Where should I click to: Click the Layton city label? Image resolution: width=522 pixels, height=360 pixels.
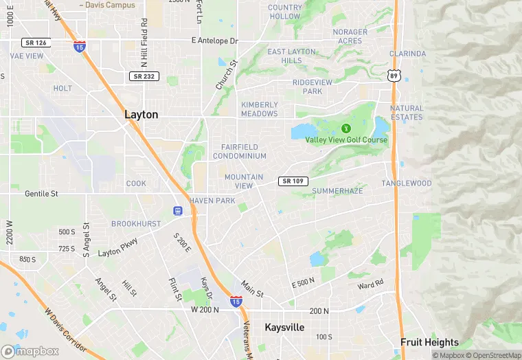tap(141, 115)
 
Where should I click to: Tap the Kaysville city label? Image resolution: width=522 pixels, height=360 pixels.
tap(284, 328)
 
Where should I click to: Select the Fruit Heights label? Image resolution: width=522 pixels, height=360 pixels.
tap(430, 342)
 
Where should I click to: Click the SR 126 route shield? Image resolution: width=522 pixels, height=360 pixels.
tap(34, 43)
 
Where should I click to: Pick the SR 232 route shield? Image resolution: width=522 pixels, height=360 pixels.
tap(144, 76)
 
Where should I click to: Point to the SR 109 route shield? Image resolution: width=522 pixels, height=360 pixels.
tap(293, 181)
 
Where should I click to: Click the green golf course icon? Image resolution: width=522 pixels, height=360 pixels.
tap(345, 128)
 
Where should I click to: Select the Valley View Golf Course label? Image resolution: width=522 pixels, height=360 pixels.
tap(346, 140)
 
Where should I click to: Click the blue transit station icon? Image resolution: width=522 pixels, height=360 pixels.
tap(177, 211)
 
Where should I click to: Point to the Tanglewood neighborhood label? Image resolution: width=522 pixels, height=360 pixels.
tap(407, 183)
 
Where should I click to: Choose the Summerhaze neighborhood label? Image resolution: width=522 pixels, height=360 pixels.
tap(337, 190)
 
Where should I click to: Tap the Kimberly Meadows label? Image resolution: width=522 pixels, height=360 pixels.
tap(259, 109)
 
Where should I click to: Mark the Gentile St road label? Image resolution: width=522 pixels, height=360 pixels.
tap(41, 194)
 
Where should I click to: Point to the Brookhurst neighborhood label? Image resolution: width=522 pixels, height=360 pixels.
tap(136, 224)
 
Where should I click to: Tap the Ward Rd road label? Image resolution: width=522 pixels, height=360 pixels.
tap(370, 284)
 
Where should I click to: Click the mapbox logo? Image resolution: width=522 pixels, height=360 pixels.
tap(30, 351)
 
